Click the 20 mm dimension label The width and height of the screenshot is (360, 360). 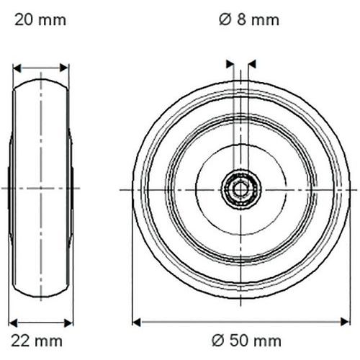(40, 20)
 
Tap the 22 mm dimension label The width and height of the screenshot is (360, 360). (37, 341)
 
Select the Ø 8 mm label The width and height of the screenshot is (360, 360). (249, 19)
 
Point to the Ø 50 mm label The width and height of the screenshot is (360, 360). (246, 341)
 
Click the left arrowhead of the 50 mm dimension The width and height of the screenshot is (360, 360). (136, 322)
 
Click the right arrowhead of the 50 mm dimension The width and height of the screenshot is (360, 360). (345, 322)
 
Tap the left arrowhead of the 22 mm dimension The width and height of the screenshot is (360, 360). (13, 323)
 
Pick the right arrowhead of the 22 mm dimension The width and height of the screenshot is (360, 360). (68, 323)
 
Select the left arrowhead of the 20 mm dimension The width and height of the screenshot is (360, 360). (17, 68)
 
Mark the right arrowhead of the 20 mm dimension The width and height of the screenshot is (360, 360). (64, 68)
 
